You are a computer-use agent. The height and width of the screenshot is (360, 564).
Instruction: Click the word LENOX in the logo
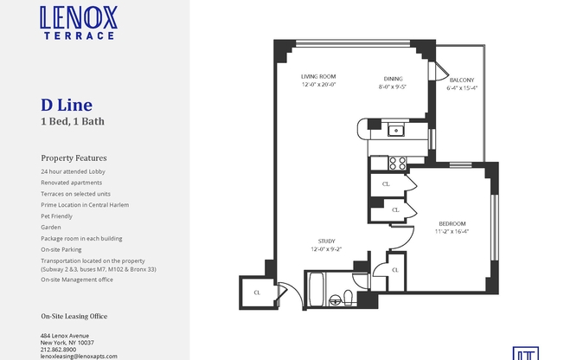click(x=79, y=17)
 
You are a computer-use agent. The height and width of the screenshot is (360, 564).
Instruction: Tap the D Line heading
click(x=67, y=106)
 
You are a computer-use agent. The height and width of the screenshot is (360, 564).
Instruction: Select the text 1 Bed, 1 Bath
click(x=73, y=122)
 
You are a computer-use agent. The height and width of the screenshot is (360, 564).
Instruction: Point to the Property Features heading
click(x=74, y=158)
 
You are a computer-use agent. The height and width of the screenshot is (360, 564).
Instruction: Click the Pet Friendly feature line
click(x=58, y=216)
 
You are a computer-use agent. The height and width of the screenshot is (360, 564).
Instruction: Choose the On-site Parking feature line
click(x=61, y=249)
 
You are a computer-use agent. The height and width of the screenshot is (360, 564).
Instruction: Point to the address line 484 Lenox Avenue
click(x=65, y=336)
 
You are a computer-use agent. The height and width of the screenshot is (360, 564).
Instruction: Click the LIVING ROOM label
click(x=318, y=76)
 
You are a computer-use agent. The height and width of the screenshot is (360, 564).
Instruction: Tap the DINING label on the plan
click(x=392, y=76)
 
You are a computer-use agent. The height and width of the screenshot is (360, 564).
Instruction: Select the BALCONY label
click(x=461, y=79)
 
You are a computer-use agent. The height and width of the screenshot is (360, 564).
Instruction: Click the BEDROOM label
click(x=451, y=223)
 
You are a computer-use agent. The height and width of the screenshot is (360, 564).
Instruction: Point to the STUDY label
click(x=326, y=241)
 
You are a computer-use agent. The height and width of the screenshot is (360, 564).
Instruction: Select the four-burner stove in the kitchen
click(x=398, y=161)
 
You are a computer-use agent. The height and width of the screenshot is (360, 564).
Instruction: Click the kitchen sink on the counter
click(x=395, y=131)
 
